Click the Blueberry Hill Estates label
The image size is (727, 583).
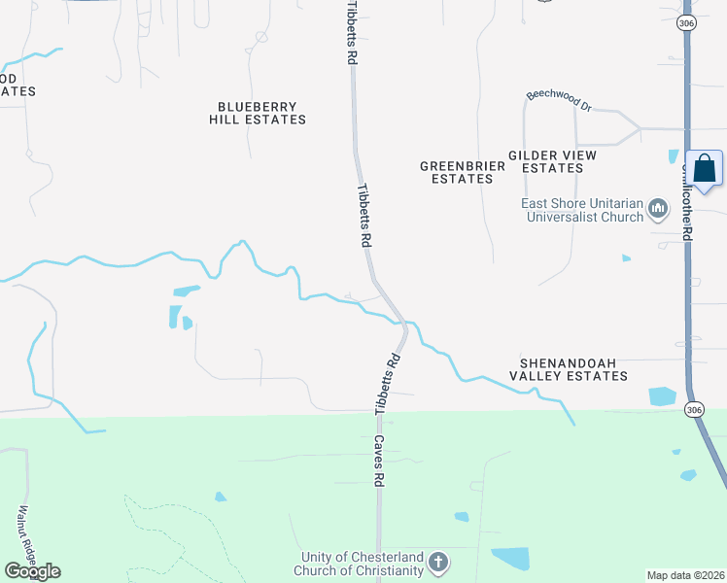click(258, 113)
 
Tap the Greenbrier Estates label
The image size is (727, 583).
click(463, 172)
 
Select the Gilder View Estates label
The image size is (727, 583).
click(552, 161)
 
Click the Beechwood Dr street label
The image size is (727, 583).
click(559, 100)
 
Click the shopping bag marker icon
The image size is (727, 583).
click(704, 169)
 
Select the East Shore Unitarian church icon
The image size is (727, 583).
click(659, 208)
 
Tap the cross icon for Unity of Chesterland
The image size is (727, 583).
click(438, 562)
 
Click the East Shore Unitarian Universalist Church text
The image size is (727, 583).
click(581, 210)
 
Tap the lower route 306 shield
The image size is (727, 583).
click(692, 411)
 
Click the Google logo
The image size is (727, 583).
click(32, 570)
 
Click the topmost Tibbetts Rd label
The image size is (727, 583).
click(351, 33)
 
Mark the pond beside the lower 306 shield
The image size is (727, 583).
click(662, 395)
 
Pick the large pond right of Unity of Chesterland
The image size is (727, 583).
click(510, 558)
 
